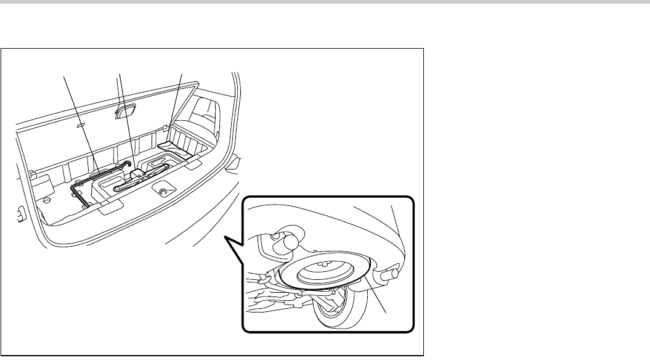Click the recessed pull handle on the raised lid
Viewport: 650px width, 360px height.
click(126, 112)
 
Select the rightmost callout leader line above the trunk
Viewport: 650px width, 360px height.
click(176, 99)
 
